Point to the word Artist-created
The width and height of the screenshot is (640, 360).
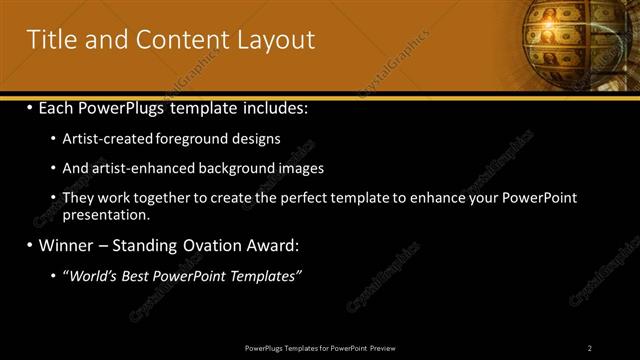click(x=107, y=139)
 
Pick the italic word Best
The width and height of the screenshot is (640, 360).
click(x=140, y=276)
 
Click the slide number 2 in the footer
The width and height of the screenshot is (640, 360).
click(x=589, y=347)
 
